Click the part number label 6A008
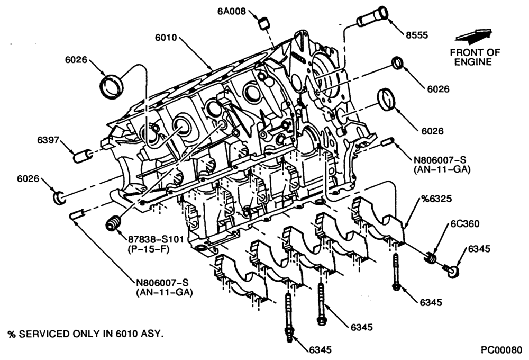click(x=231, y=11)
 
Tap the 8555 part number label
click(x=417, y=35)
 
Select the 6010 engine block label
click(x=166, y=38)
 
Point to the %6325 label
click(x=436, y=199)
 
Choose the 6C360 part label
click(x=465, y=224)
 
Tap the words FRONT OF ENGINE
click(x=475, y=57)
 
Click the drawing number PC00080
click(x=501, y=350)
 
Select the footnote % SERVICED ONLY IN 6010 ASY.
click(x=86, y=335)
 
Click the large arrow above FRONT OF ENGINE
click(x=473, y=36)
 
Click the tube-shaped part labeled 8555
click(x=372, y=16)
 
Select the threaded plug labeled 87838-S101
click(x=114, y=223)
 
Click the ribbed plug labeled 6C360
click(x=430, y=257)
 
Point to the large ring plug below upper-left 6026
click(x=112, y=87)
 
